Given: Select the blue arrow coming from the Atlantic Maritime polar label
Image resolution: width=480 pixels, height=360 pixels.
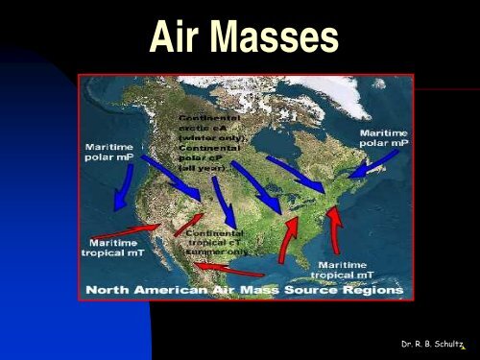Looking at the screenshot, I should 363,169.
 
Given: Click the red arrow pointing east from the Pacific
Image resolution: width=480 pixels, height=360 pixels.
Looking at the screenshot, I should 126,231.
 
